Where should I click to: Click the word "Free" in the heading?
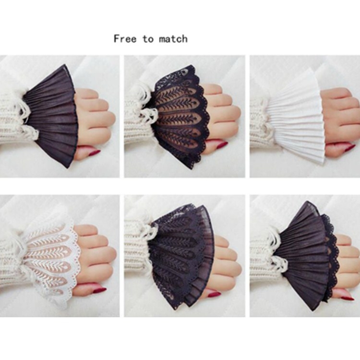coord(125,38)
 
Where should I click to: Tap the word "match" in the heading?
coord(173,39)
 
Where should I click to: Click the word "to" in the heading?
coord(148,39)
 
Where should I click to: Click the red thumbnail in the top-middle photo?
coord(220,145)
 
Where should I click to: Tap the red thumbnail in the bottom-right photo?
coord(348,298)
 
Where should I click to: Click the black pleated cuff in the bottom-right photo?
coord(301,255)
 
